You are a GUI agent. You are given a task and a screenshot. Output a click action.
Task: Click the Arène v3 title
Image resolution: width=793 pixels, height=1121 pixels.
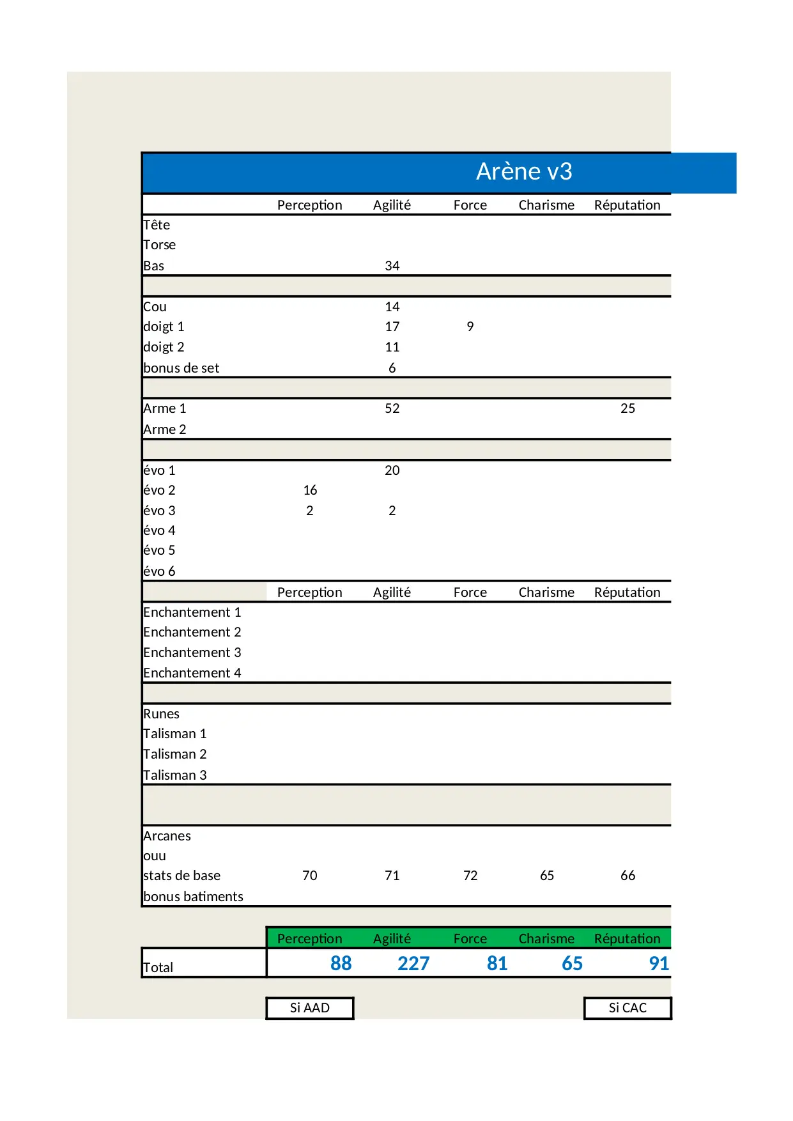pyautogui.click(x=524, y=171)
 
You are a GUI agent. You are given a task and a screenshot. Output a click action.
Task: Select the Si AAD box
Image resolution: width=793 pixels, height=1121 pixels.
pyautogui.click(x=310, y=1008)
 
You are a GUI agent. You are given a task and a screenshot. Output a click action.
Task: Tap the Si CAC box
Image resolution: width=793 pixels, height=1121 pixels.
pyautogui.click(x=627, y=1008)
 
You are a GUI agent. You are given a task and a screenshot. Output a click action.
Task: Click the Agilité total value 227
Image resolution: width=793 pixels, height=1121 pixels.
pyautogui.click(x=413, y=963)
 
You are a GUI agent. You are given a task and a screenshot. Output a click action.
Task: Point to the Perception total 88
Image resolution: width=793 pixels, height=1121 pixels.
pyautogui.click(x=341, y=963)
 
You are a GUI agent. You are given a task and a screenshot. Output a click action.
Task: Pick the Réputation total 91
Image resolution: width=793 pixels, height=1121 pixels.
pyautogui.click(x=658, y=963)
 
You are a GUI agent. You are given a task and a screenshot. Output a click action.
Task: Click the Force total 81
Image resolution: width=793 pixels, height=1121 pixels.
pyautogui.click(x=497, y=963)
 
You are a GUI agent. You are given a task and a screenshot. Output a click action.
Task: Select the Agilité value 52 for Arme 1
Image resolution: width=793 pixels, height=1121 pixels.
pyautogui.click(x=392, y=408)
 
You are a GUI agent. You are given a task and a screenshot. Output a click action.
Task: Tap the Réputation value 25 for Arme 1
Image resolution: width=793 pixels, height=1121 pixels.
pyautogui.click(x=627, y=408)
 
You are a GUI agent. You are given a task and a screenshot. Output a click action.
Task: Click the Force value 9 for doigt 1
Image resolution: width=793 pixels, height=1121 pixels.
pyautogui.click(x=470, y=327)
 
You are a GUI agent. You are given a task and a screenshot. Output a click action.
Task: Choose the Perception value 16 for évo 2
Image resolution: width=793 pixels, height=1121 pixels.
pyautogui.click(x=310, y=490)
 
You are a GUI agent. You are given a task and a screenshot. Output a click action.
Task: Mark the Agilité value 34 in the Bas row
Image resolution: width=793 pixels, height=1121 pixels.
pyautogui.click(x=392, y=266)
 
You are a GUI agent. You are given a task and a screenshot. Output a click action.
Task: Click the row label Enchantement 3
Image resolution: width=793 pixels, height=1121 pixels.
pyautogui.click(x=192, y=653)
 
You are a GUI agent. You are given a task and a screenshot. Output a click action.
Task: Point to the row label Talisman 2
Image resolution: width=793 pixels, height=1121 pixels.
pyautogui.click(x=174, y=754)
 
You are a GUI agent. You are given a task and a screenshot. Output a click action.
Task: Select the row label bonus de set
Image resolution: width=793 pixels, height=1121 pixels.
pyautogui.click(x=181, y=368)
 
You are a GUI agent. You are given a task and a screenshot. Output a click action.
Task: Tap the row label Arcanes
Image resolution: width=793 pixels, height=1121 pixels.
pyautogui.click(x=167, y=836)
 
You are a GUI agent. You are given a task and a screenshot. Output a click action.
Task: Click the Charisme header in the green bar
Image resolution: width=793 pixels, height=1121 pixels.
pyautogui.click(x=546, y=938)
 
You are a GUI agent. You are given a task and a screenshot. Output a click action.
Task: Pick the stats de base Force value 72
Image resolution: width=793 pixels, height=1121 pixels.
pyautogui.click(x=470, y=876)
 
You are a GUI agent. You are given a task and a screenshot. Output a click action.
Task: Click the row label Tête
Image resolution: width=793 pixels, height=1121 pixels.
pyautogui.click(x=157, y=225)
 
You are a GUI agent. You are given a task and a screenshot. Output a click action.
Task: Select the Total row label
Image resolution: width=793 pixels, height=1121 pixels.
pyautogui.click(x=158, y=967)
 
